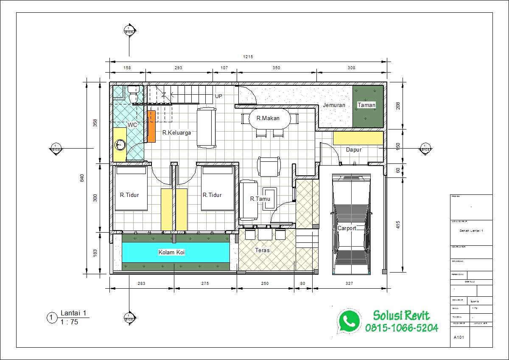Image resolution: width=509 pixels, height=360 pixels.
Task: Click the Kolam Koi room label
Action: (x=172, y=252)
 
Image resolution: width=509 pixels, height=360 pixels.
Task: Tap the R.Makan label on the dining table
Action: (x=268, y=118)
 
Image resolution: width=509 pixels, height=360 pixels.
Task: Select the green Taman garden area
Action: (x=368, y=106)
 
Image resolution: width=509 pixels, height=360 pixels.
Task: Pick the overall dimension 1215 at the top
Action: (x=248, y=56)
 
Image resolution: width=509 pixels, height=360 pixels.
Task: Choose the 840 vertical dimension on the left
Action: (x=82, y=178)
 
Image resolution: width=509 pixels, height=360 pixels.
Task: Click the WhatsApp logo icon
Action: (x=349, y=321)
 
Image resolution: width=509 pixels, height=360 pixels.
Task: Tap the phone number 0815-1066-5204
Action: (x=401, y=328)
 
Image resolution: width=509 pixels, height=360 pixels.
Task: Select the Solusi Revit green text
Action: (x=401, y=315)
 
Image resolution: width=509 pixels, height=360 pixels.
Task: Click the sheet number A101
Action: (x=458, y=338)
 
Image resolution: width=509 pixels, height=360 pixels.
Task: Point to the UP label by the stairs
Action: (x=218, y=96)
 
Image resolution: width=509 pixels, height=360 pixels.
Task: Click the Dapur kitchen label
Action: (x=353, y=149)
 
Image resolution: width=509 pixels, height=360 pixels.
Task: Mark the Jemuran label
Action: (x=334, y=105)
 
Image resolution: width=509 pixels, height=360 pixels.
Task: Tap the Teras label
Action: (x=262, y=250)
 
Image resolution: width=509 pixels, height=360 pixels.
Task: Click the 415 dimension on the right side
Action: (x=397, y=224)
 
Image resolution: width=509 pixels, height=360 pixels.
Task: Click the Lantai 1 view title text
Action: (x=73, y=314)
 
